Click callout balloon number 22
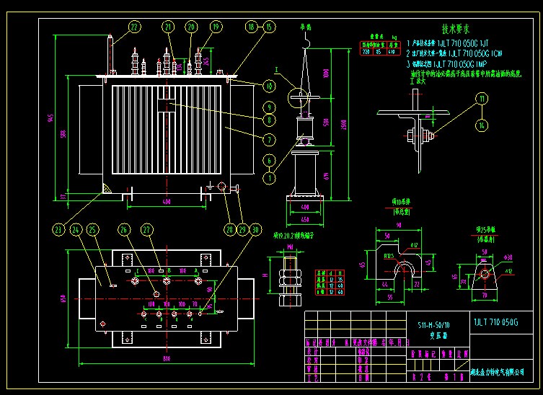135,28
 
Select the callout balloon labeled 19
216,27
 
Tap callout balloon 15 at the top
268,27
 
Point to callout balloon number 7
268,139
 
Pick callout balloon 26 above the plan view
124,230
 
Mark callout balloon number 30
254,230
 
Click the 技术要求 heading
456,30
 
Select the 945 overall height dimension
50,119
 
